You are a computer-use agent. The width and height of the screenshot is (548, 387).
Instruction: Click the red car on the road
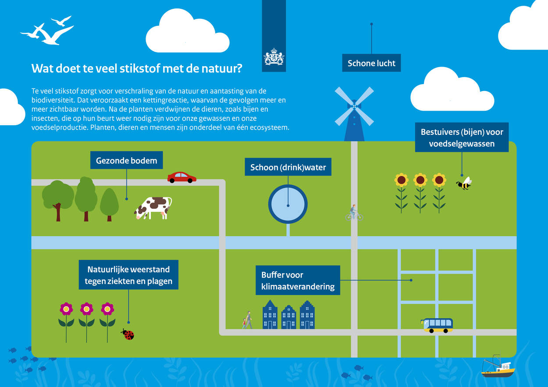(x=182, y=177)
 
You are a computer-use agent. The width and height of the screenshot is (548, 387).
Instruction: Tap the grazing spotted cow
(x=153, y=208)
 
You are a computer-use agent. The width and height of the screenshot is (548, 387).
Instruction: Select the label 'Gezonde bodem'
(x=127, y=160)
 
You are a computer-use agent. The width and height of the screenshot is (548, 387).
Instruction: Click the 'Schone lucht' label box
(x=371, y=63)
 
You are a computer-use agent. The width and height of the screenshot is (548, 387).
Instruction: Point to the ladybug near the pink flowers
(x=128, y=334)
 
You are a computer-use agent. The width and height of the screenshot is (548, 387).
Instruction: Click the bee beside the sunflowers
(x=464, y=183)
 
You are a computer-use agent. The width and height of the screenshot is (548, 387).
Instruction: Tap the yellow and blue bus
(x=437, y=325)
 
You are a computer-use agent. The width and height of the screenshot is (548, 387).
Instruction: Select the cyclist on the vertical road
(x=354, y=213)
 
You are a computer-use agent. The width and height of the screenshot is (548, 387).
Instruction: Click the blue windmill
(x=354, y=114)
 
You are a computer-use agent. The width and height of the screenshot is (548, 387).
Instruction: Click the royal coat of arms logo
(x=274, y=56)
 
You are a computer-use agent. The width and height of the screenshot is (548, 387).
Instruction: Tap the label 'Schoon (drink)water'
(x=288, y=167)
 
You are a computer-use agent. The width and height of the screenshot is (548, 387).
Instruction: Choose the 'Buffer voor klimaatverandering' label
(x=298, y=280)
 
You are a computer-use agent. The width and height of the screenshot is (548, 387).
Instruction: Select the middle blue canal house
(x=288, y=317)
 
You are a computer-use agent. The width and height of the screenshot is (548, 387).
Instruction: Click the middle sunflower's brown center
(x=420, y=180)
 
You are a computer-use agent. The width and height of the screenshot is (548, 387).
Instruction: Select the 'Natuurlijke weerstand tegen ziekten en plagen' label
(x=128, y=275)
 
